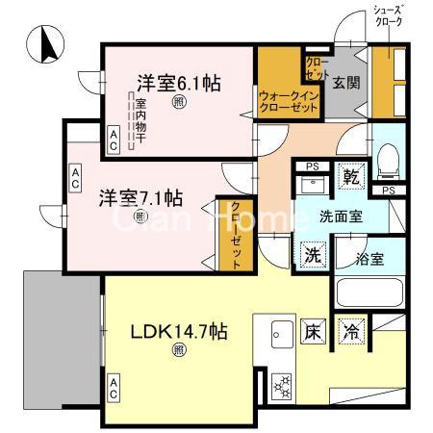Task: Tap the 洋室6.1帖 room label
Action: (178, 83)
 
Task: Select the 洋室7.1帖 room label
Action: (141, 198)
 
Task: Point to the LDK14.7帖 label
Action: (179, 332)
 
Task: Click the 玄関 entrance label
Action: (346, 84)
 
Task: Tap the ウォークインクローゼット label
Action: (289, 102)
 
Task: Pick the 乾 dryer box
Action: (353, 178)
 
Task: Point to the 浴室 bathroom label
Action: (370, 258)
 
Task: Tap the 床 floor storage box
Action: (314, 332)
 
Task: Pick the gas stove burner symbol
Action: (283, 384)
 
